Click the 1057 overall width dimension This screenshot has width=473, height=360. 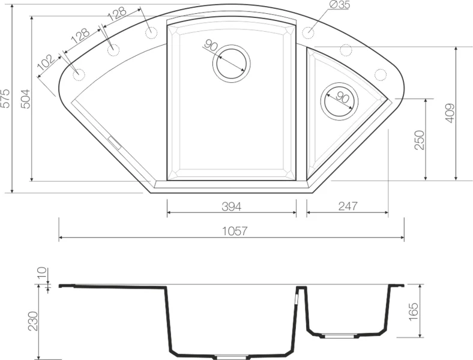click(235, 231)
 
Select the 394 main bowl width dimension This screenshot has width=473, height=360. click(231, 206)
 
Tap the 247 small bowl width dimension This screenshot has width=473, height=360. click(348, 206)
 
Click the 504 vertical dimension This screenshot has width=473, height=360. click(26, 99)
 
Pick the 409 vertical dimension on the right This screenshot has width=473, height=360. click(450, 113)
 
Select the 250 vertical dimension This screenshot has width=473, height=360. click(420, 140)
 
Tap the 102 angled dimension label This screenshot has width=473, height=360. click(46, 62)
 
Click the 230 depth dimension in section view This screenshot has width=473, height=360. click(33, 322)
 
